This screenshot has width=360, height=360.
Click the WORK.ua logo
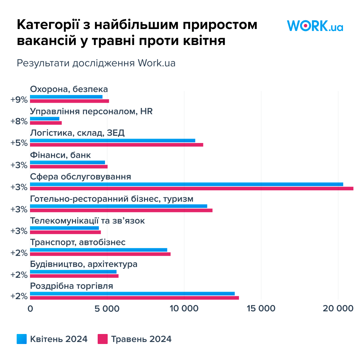tap(315, 26)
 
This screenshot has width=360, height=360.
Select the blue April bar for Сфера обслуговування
tap(187, 184)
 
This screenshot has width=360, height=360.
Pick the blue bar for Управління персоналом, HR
tap(45, 119)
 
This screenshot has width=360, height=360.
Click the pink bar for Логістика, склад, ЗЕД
tap(117, 145)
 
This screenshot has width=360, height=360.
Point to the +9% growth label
tap(19, 99)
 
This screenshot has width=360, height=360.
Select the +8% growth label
tap(19, 121)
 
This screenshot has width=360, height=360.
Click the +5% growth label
tap(19, 143)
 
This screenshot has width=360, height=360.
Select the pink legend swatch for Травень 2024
tap(102, 339)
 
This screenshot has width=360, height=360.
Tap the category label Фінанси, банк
tap(60, 155)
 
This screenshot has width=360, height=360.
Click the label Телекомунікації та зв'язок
tap(87, 221)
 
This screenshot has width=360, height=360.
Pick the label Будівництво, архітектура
tap(84, 264)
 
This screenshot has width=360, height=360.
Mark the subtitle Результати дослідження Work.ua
tap(96, 63)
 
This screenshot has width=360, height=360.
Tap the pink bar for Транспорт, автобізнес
tap(100, 254)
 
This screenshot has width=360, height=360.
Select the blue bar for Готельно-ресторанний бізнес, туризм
tap(118, 206)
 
